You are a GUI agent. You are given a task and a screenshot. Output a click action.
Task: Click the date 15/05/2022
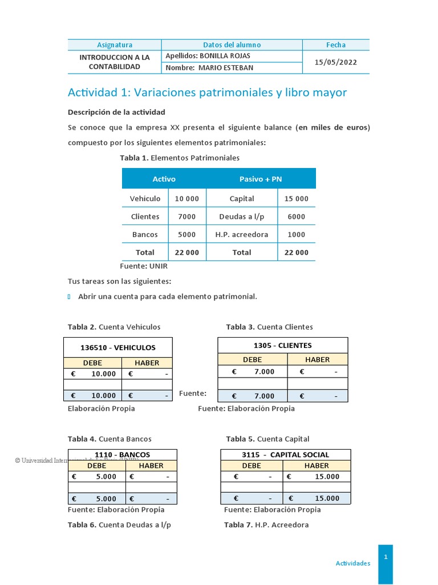[336, 62]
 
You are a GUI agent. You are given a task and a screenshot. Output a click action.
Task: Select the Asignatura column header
[114, 45]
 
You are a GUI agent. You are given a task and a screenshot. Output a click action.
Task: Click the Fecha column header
[336, 45]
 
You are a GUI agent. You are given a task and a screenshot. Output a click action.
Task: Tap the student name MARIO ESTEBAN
[209, 68]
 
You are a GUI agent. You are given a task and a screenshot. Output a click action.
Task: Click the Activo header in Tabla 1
[164, 179]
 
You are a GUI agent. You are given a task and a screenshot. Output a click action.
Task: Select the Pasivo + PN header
[261, 179]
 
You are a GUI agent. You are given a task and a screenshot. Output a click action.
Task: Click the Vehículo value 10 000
[187, 199]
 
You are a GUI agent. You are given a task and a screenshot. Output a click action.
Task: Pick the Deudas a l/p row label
[241, 217]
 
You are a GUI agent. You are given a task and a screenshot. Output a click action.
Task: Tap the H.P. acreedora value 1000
[296, 234]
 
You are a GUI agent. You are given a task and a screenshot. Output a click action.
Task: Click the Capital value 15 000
[296, 199]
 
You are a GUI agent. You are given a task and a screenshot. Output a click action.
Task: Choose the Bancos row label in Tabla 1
[145, 234]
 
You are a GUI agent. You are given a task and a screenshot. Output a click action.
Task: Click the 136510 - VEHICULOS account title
[117, 347]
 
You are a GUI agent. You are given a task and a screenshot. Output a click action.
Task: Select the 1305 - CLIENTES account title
[282, 346]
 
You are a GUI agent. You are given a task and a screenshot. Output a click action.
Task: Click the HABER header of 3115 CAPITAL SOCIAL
[317, 466]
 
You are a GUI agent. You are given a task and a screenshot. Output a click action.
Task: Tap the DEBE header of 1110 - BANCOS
[96, 466]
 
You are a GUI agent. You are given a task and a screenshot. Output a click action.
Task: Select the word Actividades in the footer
[352, 563]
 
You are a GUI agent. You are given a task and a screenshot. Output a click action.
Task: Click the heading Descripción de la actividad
[116, 112]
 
